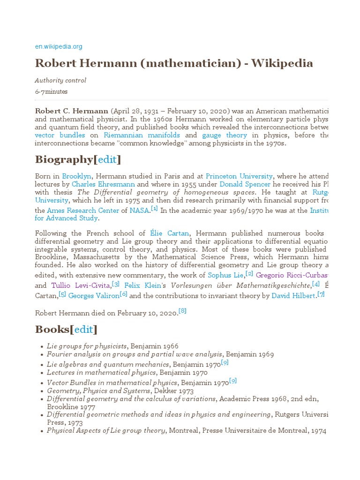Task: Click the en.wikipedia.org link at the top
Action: pyautogui.click(x=59, y=46)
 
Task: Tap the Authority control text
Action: pyautogui.click(x=60, y=81)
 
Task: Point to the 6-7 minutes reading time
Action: pyautogui.click(x=51, y=92)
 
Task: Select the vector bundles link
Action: pyautogui.click(x=60, y=135)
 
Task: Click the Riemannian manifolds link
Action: pyautogui.click(x=142, y=135)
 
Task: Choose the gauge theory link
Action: pyautogui.click(x=224, y=135)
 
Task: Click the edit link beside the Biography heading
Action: pyautogui.click(x=107, y=159)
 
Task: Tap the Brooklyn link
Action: pyautogui.click(x=76, y=176)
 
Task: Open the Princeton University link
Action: pyautogui.click(x=239, y=176)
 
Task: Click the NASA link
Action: pyautogui.click(x=139, y=210)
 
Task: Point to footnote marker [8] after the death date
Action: pyautogui.click(x=182, y=311)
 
